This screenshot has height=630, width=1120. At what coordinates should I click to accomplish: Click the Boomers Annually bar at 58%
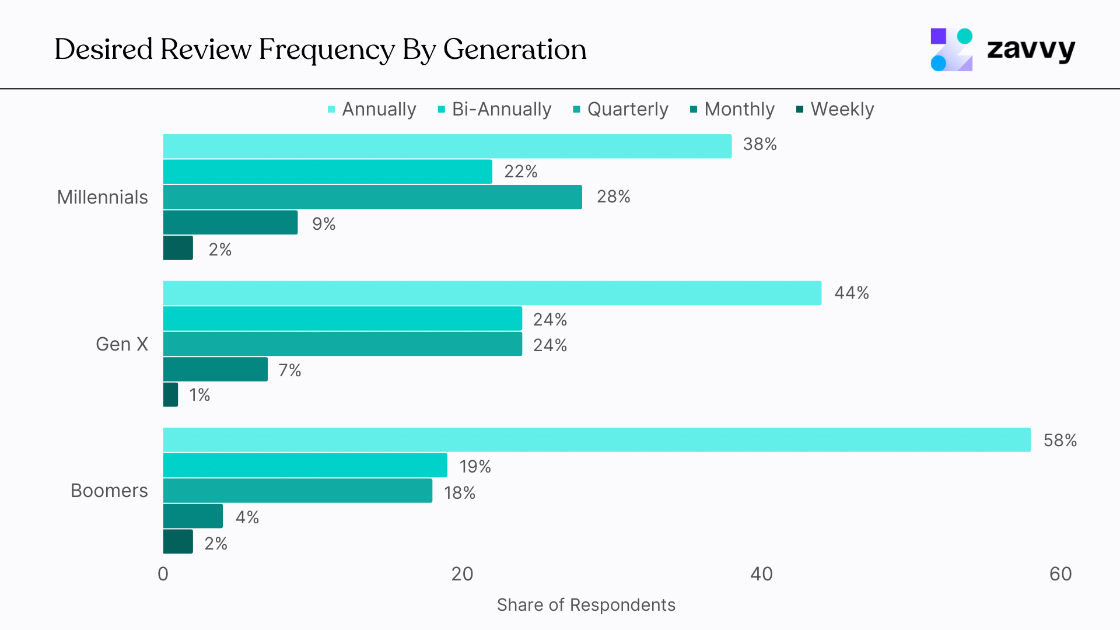[596, 440]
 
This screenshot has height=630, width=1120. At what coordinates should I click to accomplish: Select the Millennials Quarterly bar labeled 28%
[372, 197]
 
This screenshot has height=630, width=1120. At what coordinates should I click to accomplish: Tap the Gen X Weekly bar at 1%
[170, 395]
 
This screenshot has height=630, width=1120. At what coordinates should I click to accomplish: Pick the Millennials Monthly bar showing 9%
[230, 223]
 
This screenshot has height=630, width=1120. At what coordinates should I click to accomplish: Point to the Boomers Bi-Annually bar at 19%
[304, 466]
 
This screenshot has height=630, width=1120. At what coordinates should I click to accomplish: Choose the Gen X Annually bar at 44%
[492, 293]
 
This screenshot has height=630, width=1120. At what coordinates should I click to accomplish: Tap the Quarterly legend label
[627, 110]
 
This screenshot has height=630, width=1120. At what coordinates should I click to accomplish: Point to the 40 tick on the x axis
[761, 574]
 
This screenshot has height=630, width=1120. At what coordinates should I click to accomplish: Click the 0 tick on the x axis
[163, 574]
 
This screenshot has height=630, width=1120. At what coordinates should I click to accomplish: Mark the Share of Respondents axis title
[586, 605]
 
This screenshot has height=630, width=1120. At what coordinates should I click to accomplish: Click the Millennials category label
[103, 197]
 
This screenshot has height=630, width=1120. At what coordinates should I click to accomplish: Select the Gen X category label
[121, 344]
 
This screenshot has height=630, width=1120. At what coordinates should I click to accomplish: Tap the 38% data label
[759, 144]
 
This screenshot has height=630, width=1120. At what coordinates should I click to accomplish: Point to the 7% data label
[289, 370]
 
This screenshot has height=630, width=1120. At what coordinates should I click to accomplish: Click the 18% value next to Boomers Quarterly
[459, 493]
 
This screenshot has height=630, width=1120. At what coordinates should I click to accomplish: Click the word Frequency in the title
[327, 50]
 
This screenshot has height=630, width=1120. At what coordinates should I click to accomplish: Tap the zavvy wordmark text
[1031, 49]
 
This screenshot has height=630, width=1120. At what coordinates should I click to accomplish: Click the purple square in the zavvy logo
[938, 36]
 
